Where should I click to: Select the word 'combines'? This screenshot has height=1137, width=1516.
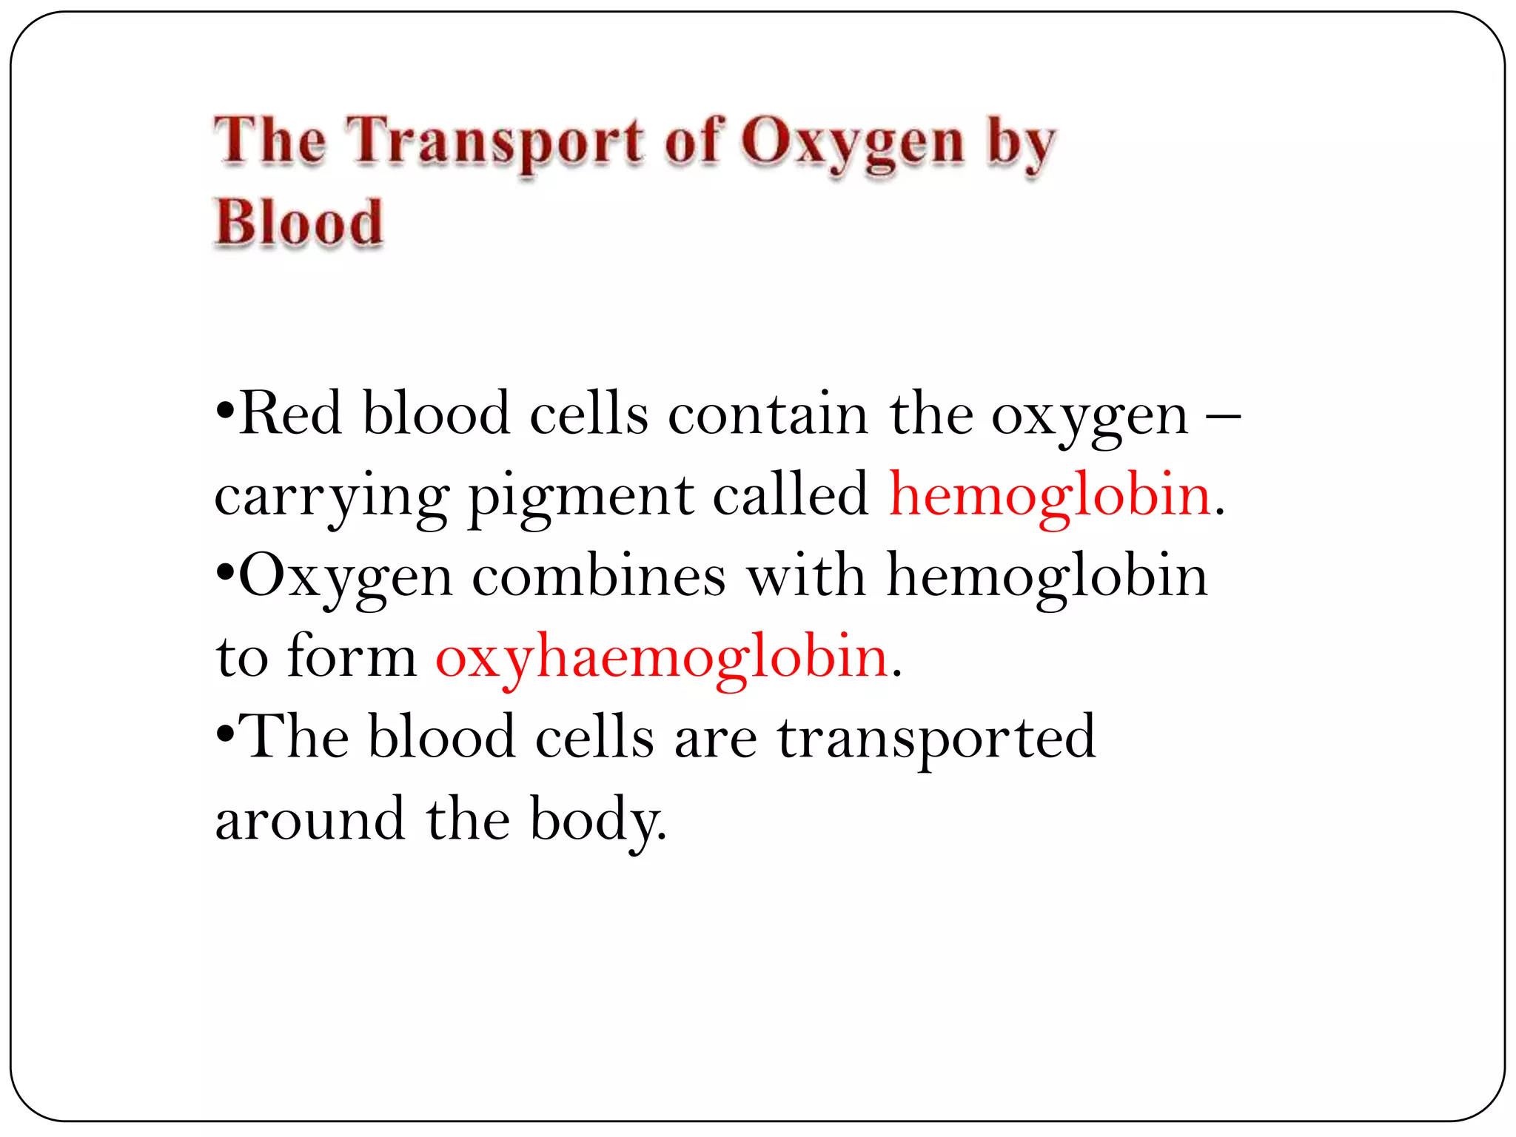599,575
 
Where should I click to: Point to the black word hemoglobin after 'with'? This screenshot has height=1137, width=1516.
1047,577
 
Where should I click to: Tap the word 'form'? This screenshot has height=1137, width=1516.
352,656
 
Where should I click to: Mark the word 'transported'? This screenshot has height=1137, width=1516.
936,738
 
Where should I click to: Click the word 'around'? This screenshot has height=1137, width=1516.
310,819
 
